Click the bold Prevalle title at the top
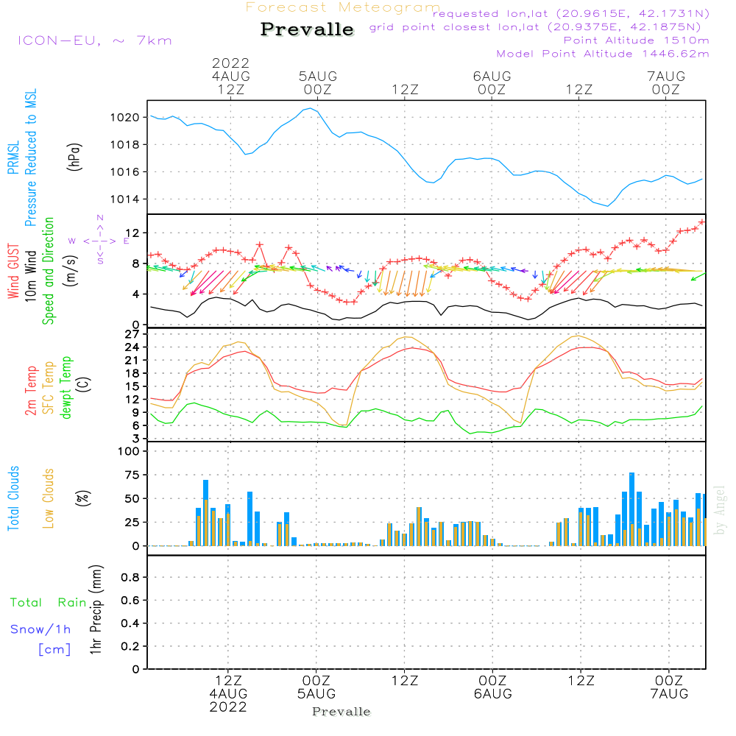(307, 29)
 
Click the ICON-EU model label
(60, 40)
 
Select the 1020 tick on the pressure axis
(125, 117)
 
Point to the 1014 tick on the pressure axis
(125, 199)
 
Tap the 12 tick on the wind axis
(132, 233)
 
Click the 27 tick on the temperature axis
(132, 334)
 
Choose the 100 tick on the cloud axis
(129, 451)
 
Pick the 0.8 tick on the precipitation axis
(130, 577)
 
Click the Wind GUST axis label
(13, 272)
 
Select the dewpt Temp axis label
(66, 388)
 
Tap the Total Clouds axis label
(13, 498)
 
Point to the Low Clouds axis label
(49, 498)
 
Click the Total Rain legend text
(49, 603)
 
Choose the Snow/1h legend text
(40, 629)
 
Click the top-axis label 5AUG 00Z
(318, 83)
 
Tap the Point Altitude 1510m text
(636, 40)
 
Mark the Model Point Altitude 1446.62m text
(603, 54)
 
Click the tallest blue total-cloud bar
(631, 509)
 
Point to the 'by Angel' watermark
(720, 510)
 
